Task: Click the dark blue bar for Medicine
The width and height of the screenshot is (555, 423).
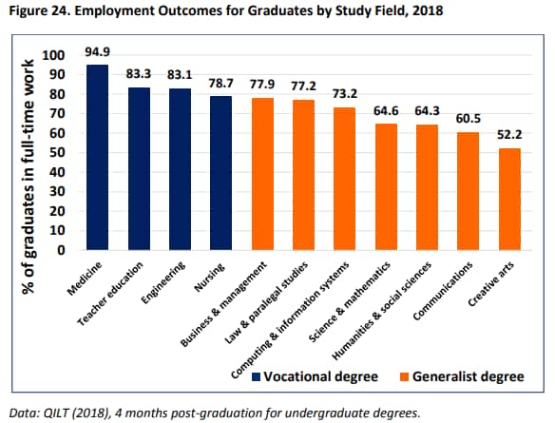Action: tap(97, 158)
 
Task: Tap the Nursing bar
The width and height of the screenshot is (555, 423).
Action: tap(220, 173)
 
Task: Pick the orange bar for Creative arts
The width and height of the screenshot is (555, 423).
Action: tap(509, 200)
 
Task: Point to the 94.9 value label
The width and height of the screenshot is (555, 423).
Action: tap(98, 51)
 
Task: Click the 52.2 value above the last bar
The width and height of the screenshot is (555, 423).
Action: tap(510, 135)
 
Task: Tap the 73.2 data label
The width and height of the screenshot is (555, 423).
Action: tap(345, 95)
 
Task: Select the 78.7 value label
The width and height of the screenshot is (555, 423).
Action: tap(221, 84)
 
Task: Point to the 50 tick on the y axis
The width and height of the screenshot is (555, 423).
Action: tap(62, 153)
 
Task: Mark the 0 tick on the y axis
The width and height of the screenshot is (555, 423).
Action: tap(66, 251)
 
